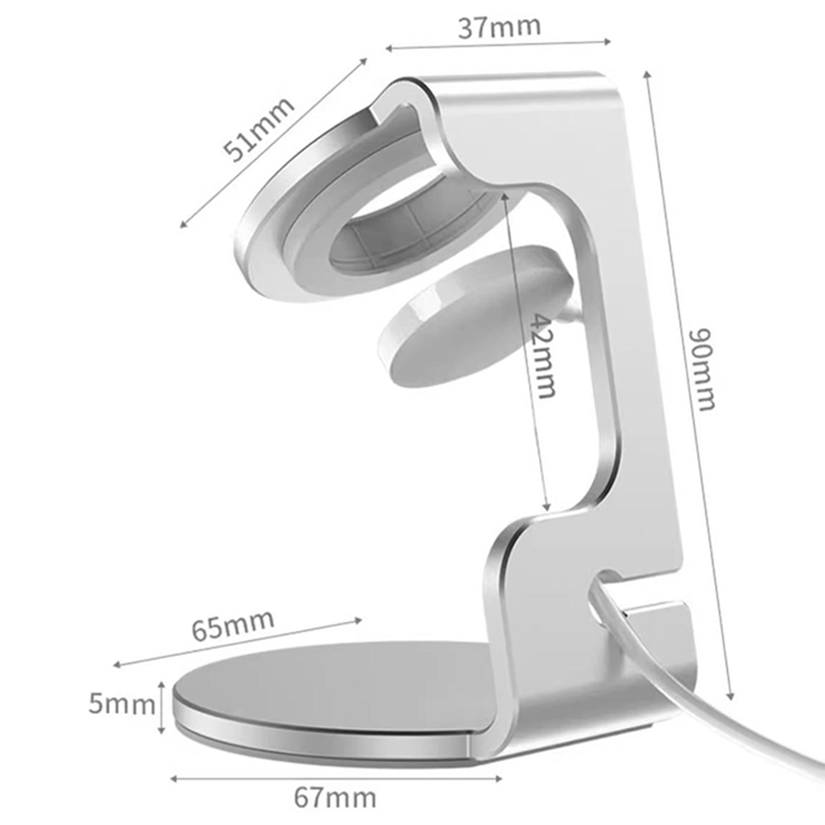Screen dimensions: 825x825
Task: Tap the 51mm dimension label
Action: coord(259,129)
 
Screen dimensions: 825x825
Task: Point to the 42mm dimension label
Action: coord(542,356)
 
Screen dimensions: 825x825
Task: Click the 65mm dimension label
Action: coord(233,625)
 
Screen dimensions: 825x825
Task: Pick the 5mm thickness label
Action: coord(122,704)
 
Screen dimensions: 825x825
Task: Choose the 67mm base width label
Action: coord(335,798)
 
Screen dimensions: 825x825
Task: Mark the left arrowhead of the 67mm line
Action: coord(174,778)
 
